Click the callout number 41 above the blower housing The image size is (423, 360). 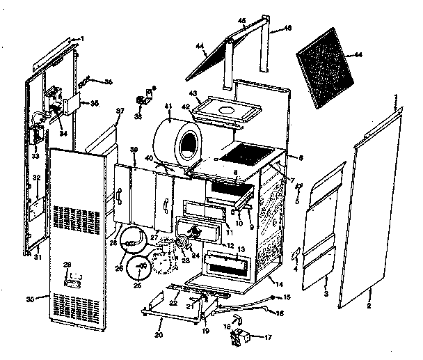pos(168,106)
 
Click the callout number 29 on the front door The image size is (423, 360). pos(67,266)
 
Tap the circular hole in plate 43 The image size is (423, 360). pos(225,110)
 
